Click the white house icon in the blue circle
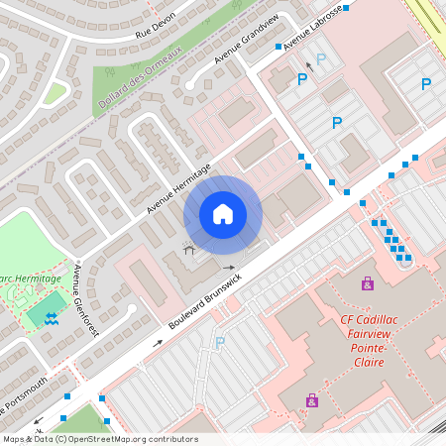pos(222,213)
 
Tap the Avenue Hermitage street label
pos(178,188)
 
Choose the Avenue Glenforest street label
pos(85,300)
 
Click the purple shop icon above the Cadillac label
pos(368,283)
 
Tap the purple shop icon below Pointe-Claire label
pos(312,400)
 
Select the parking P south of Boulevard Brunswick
pos(220,343)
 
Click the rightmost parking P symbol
pos(426,85)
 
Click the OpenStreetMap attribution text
pos(100,439)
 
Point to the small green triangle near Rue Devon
pos(54,94)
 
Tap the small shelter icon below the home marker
pos(188,244)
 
